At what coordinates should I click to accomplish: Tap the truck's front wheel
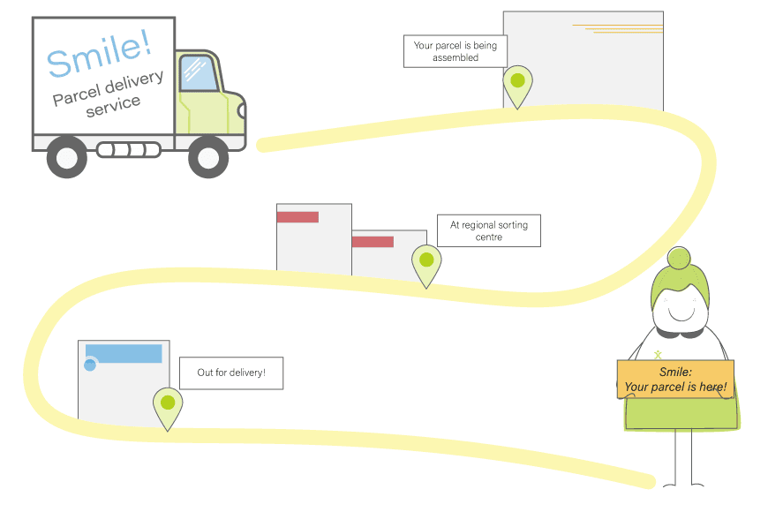pyautogui.click(x=208, y=157)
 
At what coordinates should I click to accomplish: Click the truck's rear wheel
pyautogui.click(x=67, y=157)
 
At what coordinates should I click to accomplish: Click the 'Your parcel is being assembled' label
pyautogui.click(x=455, y=51)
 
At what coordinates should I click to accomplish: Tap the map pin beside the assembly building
pyautogui.click(x=517, y=82)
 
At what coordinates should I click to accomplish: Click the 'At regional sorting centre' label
pyautogui.click(x=488, y=230)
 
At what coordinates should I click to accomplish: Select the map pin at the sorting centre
pyautogui.click(x=426, y=261)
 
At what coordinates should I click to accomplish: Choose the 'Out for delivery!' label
pyautogui.click(x=230, y=373)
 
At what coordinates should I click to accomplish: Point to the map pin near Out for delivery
pyautogui.click(x=167, y=404)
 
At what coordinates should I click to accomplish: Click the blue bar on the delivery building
pyautogui.click(x=124, y=353)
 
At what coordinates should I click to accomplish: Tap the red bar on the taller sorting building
pyautogui.click(x=297, y=217)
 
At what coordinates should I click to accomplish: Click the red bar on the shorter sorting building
pyautogui.click(x=373, y=241)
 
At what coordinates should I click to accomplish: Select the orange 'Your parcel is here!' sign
pyautogui.click(x=675, y=380)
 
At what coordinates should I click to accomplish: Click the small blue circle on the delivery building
pyautogui.click(x=90, y=365)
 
